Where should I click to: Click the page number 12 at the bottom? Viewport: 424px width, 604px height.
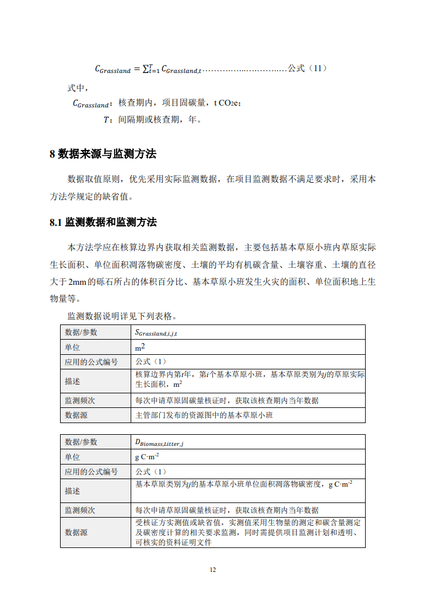pyautogui.click(x=212, y=570)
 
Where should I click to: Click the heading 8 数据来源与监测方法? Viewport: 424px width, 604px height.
pyautogui.click(x=103, y=155)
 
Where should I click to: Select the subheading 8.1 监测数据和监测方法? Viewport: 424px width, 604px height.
pyautogui.click(x=103, y=222)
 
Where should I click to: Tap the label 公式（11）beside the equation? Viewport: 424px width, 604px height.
pyautogui.click(x=307, y=68)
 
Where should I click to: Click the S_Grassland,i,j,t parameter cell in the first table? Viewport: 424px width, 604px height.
pyautogui.click(x=156, y=333)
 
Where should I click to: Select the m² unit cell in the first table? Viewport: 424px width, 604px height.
pyautogui.click(x=140, y=347)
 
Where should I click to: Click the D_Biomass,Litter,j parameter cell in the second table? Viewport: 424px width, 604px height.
pyautogui.click(x=159, y=443)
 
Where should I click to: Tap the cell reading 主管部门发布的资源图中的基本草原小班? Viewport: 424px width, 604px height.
pyautogui.click(x=204, y=416)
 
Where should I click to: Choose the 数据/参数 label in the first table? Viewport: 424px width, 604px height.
pyautogui.click(x=81, y=332)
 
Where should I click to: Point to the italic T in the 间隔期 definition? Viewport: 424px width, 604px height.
pyautogui.click(x=107, y=120)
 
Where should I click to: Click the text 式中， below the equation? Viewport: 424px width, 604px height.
pyautogui.click(x=78, y=88)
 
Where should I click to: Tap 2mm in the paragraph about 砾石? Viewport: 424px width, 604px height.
pyautogui.click(x=77, y=282)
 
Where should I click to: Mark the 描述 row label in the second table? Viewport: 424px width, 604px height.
pyautogui.click(x=72, y=491)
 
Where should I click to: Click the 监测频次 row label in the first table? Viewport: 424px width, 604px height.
pyautogui.click(x=80, y=400)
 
